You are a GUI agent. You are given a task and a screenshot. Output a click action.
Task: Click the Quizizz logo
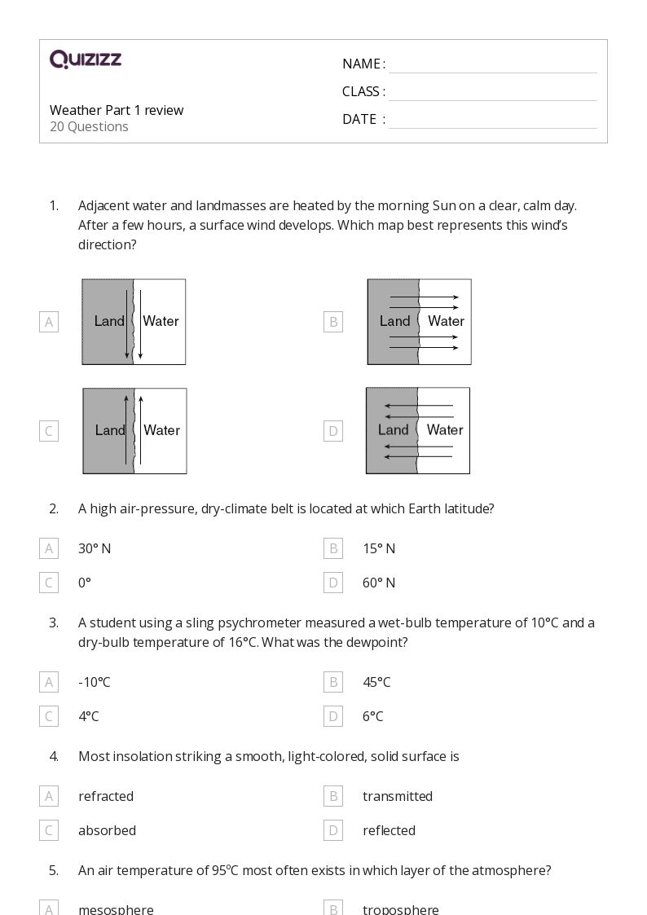pos(86,59)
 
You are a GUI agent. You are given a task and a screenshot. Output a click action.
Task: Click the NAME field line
pos(492,65)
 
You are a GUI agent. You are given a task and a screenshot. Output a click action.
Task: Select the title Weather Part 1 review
pos(117,110)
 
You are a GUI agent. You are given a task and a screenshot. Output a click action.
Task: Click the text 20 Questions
pos(89,126)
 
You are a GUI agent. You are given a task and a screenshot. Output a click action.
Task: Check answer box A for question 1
pos(49,322)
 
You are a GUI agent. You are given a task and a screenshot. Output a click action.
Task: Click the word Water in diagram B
pos(446,321)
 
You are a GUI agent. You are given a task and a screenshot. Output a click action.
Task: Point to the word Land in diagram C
pos(110,430)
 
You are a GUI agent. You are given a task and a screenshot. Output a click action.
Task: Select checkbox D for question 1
pos(332,431)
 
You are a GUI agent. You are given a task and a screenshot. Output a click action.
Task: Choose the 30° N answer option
pos(95,548)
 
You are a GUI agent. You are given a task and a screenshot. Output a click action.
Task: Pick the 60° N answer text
pos(379,583)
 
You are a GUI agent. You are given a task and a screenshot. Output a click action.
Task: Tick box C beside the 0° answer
pos(49,583)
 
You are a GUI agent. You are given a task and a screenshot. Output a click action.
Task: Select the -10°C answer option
pos(95,682)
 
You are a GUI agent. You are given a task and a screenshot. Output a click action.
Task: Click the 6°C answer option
pos(372,716)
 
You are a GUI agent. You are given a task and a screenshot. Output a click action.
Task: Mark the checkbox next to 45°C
pos(332,682)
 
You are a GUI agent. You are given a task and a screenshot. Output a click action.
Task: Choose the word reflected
pos(389,830)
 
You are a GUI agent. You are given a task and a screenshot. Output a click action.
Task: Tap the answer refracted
pos(106,796)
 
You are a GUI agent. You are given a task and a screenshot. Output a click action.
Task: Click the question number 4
pos(54,756)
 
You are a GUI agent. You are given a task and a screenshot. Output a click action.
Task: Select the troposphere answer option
pos(400,908)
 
